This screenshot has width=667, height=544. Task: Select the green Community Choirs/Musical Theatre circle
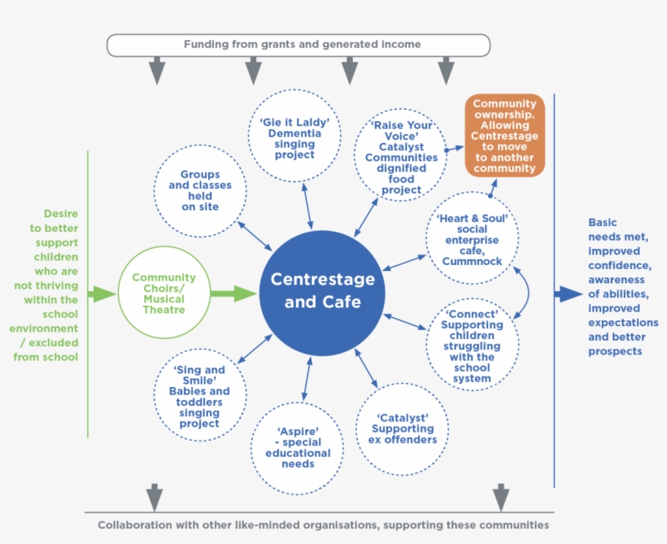click(x=163, y=293)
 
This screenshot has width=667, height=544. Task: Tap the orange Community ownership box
click(x=504, y=136)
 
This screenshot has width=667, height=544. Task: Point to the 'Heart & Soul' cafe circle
click(x=473, y=239)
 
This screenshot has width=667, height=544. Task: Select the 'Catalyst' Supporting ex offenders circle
click(x=402, y=429)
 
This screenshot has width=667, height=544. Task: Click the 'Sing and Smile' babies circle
click(x=199, y=395)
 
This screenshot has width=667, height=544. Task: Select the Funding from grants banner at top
click(x=299, y=45)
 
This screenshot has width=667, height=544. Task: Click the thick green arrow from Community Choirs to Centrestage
click(x=233, y=294)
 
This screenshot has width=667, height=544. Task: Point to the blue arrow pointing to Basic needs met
click(x=569, y=294)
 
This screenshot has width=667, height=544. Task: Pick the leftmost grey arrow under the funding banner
click(x=158, y=71)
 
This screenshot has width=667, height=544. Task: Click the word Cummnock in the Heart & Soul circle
click(x=473, y=261)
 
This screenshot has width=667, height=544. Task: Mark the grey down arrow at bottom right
click(x=501, y=496)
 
